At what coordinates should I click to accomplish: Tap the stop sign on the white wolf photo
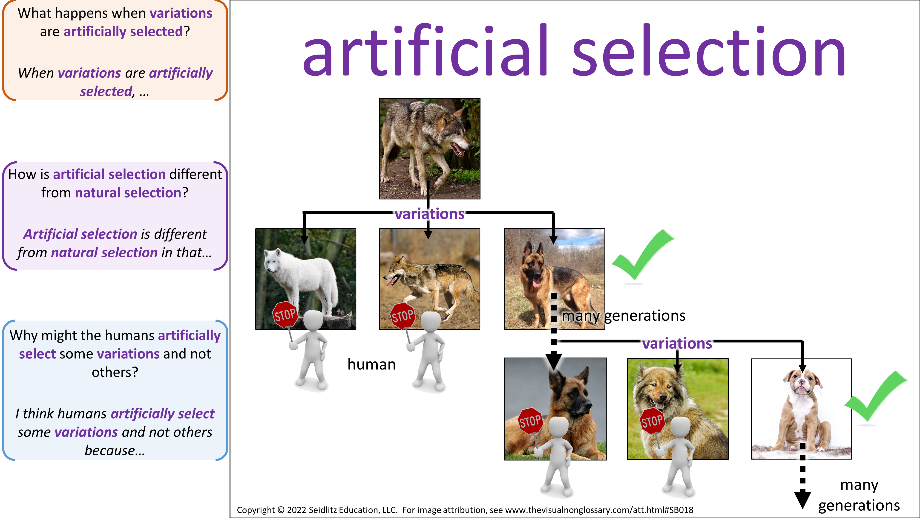285,314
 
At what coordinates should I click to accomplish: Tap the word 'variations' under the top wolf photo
430,214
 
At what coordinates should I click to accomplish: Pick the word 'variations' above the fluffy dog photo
677,343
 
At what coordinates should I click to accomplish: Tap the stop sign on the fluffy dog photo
652,421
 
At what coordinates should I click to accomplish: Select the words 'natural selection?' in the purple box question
131,193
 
